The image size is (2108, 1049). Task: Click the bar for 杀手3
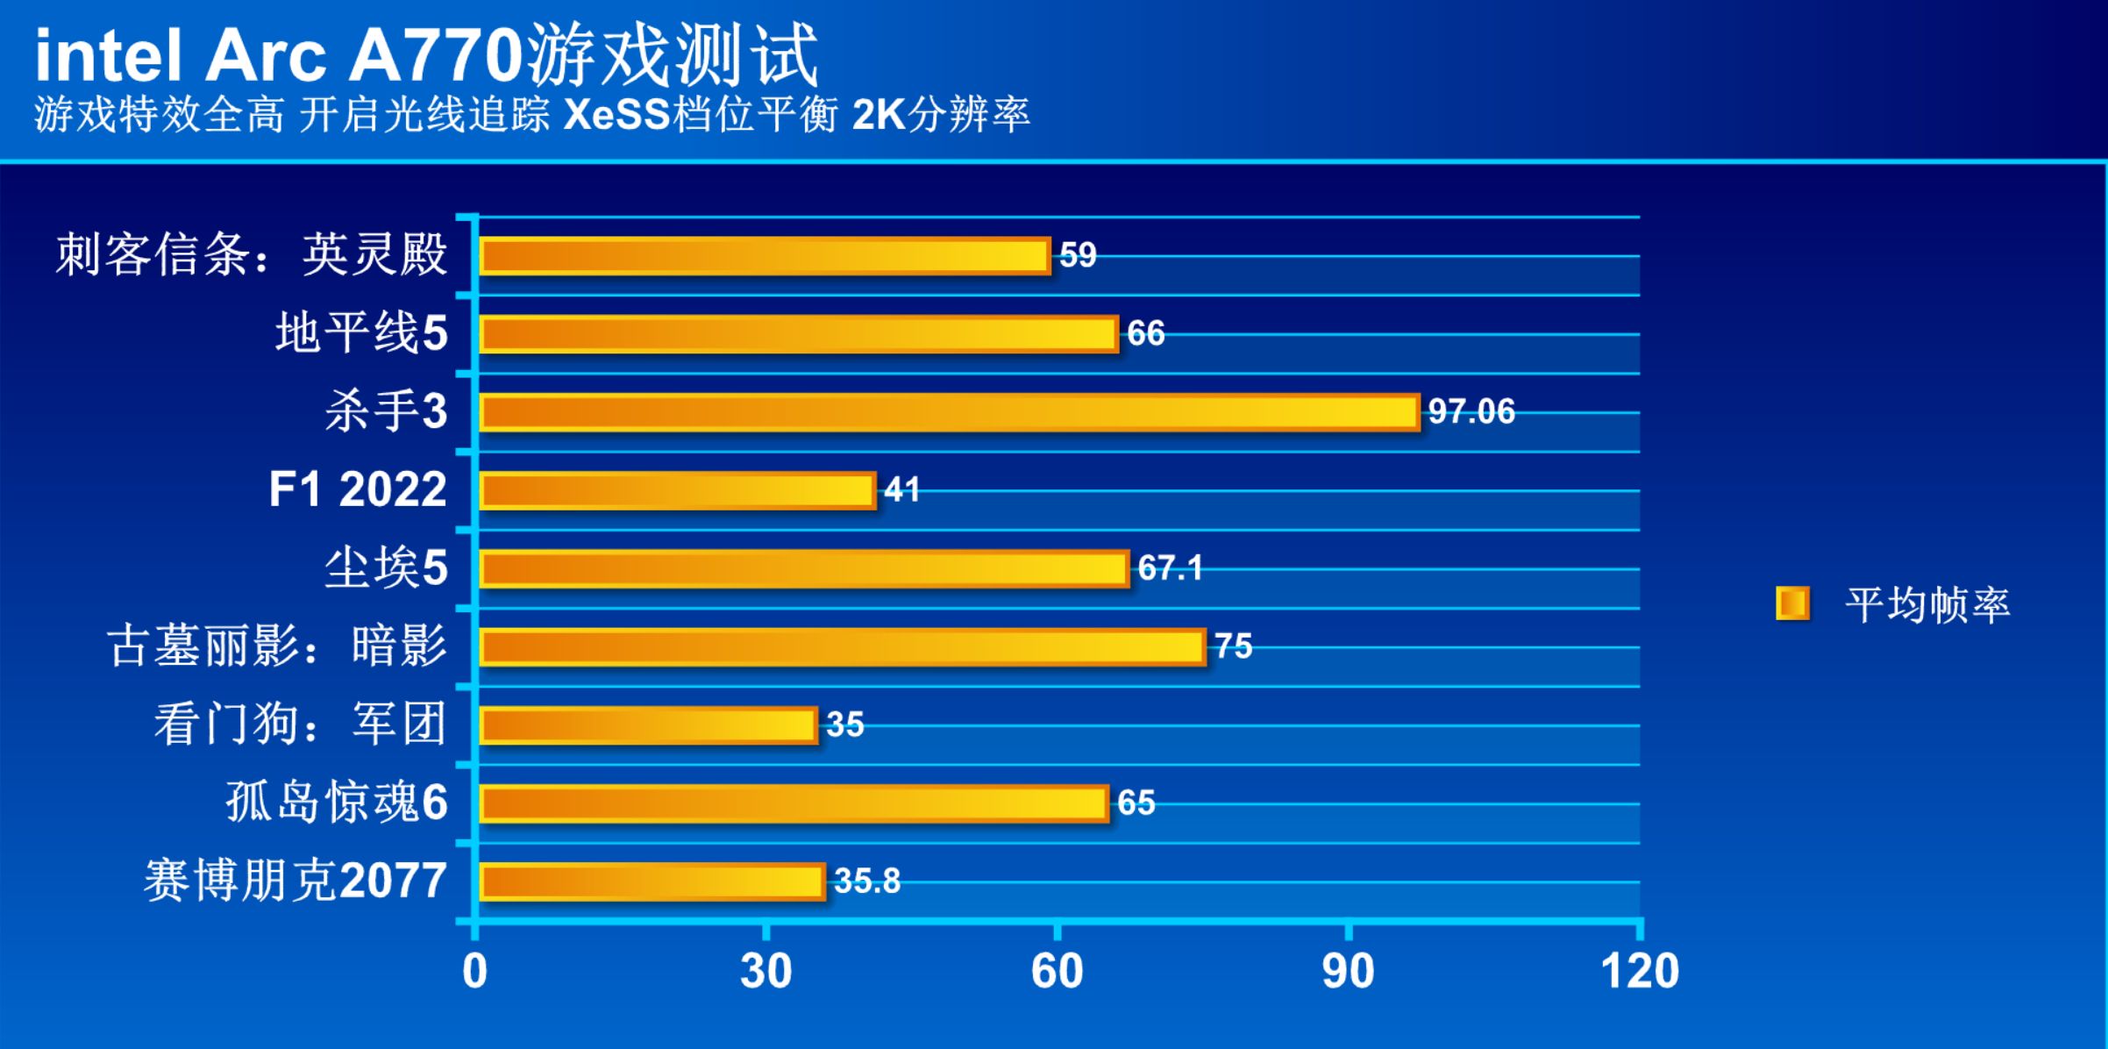coord(949,412)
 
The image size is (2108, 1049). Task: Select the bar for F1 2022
coord(677,490)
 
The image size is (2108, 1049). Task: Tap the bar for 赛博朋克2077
coord(652,881)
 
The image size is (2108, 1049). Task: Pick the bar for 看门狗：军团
coord(648,725)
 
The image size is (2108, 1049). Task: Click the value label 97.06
coord(1471,411)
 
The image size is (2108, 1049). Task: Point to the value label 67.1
coord(1169,568)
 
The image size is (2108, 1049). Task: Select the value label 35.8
coord(866,881)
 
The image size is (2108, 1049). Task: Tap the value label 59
coord(1078,255)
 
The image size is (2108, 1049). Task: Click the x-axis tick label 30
coord(766,972)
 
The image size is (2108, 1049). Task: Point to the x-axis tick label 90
coord(1348,972)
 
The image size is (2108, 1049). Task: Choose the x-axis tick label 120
coord(1639,972)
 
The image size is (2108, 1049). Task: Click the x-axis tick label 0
coord(474,972)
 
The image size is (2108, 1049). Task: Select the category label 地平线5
coord(361,333)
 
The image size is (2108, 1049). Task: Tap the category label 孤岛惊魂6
coord(337,803)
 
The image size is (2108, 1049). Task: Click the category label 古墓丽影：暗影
coord(277,646)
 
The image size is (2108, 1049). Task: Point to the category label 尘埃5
coord(386,568)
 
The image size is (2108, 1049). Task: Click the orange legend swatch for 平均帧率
coord(1791,603)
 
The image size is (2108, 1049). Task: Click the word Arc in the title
coord(265,57)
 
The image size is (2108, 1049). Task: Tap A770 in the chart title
coord(436,57)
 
